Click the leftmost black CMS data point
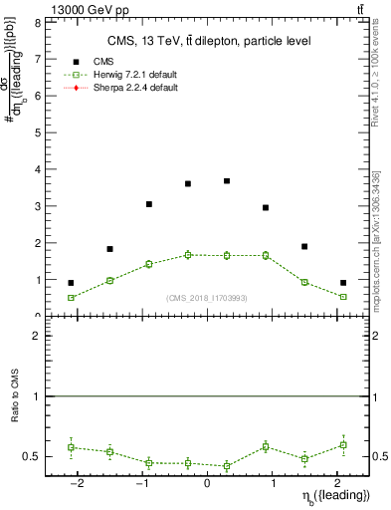tap(71, 283)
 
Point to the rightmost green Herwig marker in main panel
tap(343, 297)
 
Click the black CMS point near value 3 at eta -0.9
tap(148, 204)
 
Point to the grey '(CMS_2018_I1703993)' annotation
tap(207, 298)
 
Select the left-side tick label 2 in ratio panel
tap(37, 336)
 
